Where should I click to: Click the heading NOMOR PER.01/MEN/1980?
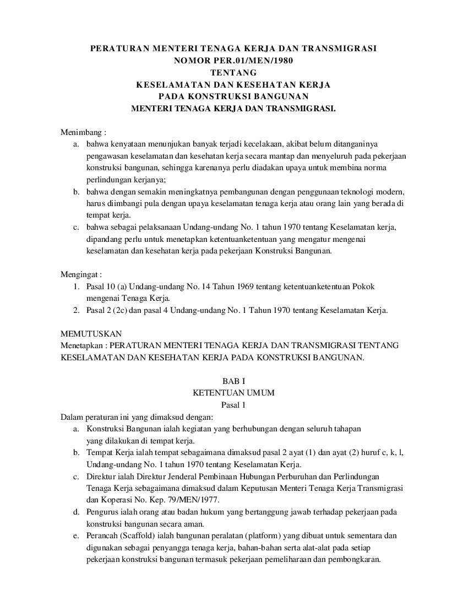coord(233,61)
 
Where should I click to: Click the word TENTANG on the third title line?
coord(233,73)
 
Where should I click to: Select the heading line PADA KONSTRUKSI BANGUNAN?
coord(233,96)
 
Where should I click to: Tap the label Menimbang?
coord(81,132)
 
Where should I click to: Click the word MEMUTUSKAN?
coord(91,334)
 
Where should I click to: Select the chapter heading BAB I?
coord(233,381)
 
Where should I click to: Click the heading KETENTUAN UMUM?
coord(233,393)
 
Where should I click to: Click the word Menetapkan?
coord(81,345)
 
